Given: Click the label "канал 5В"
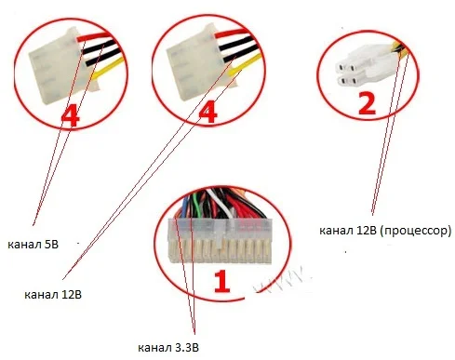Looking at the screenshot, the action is point(33,245).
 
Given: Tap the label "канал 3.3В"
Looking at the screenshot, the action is point(168,348).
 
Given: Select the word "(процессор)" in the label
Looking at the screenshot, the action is point(415,231).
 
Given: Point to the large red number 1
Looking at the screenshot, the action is point(222,281).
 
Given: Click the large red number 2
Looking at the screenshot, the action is point(367,103).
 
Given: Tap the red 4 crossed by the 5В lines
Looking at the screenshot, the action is point(70,115).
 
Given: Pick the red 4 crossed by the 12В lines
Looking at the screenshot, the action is point(208,112).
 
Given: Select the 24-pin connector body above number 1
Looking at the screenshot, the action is point(220,241).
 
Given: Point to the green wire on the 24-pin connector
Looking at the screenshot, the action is point(194,206).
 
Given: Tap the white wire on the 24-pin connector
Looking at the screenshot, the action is point(221,203).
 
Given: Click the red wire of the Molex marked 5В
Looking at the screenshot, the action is point(93,36).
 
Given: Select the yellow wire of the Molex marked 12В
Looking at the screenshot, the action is point(245,63).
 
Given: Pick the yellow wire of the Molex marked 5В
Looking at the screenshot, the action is point(108,67).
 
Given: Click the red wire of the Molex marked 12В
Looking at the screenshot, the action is point(231,33).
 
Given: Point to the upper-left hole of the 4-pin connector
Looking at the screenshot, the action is point(341,67).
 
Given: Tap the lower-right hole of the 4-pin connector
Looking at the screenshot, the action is point(354,82).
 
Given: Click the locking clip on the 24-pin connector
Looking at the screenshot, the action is point(220,235).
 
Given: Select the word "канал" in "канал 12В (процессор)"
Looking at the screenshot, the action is point(336,231).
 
